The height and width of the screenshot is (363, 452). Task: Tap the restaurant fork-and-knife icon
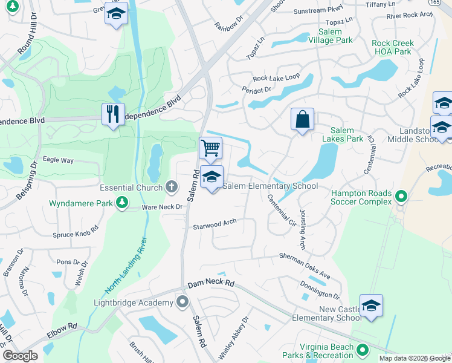[x=113, y=114]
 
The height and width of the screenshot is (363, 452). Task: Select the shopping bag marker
[x=302, y=119]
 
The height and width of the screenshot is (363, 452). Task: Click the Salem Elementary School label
[x=270, y=186]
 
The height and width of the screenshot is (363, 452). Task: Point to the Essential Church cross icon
[x=172, y=187]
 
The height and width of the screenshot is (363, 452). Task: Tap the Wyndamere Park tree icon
[x=121, y=202]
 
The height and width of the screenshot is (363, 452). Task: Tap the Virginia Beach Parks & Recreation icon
[x=362, y=349]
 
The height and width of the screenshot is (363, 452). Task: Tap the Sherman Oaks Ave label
[x=305, y=266]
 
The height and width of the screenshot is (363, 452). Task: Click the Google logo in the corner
[x=20, y=355]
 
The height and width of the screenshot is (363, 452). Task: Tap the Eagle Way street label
[x=59, y=160]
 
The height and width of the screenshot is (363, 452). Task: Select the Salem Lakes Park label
[x=347, y=134]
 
